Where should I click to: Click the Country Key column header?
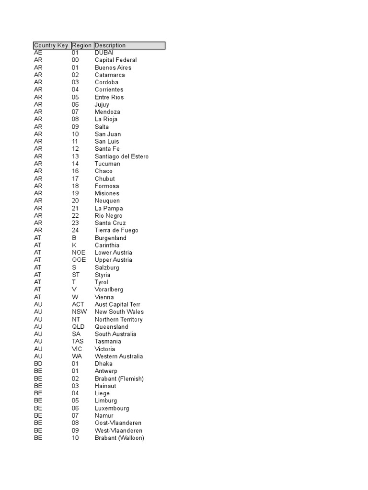pos(51,45)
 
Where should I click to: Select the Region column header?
pos(82,45)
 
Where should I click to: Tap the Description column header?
pos(110,45)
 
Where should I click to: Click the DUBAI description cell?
pos(104,53)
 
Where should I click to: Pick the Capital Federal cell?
pos(115,60)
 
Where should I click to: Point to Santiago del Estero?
pos(122,156)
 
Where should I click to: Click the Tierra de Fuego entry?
pos(116,230)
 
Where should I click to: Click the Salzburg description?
pos(107,267)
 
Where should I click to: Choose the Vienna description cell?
pos(104,297)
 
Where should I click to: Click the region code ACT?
pos(78,304)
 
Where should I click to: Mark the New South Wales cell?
pos(119,312)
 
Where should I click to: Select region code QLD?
pos(78,327)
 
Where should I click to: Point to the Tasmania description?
pos(108,341)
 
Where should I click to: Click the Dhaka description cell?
pos(103,364)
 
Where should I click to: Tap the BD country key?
pos(38,364)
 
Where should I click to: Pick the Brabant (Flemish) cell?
pos(119,379)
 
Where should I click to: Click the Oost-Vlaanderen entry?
pos(118,423)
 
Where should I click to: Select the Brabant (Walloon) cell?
pos(119,438)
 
